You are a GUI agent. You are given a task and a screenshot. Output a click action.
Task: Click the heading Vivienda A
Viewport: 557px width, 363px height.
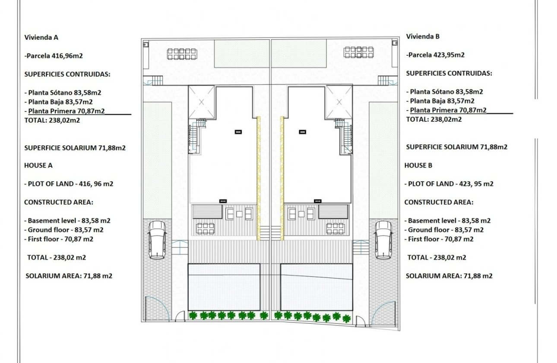coord(41,37)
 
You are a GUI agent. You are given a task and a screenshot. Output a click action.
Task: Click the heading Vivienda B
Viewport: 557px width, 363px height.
coord(423,37)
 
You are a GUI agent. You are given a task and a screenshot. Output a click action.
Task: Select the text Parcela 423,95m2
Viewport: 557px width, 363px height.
coord(436,55)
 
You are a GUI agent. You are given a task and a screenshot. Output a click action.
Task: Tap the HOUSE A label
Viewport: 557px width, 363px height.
coord(38,165)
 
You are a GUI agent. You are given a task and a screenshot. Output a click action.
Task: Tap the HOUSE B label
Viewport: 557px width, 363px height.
coord(418,165)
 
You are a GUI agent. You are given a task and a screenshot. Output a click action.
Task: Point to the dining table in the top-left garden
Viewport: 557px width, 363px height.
coord(182,54)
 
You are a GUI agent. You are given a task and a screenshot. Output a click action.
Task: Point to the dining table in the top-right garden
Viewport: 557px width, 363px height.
coord(359,52)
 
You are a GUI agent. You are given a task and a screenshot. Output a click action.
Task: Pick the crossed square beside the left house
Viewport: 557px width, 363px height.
coord(201,102)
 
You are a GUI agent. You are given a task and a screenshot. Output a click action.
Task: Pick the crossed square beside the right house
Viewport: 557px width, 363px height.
coord(339,102)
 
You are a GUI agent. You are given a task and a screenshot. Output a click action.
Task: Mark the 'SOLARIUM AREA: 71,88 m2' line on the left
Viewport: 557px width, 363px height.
coord(69,276)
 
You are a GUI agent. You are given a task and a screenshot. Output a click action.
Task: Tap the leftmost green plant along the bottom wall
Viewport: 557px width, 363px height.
coord(193,315)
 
